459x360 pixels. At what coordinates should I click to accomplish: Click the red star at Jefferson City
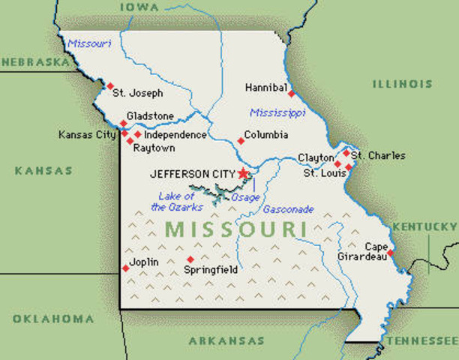coord(243,173)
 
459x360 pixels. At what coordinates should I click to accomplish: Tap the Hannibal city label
coord(266,88)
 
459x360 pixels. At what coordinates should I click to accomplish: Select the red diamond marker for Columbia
coord(241,140)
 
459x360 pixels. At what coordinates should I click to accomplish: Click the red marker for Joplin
coord(125,268)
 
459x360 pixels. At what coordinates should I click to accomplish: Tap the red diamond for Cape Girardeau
coord(390,253)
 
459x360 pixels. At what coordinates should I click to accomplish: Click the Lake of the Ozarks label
coord(176,202)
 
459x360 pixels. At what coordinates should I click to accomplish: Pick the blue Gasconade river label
coord(288,209)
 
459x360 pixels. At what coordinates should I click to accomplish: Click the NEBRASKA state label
coord(34,61)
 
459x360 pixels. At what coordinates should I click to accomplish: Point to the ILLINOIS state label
coord(402,84)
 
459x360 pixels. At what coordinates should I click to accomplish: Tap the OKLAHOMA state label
coord(53,319)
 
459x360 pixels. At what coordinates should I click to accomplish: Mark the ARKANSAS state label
coord(226,340)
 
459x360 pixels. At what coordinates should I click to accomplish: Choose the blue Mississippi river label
coord(277,113)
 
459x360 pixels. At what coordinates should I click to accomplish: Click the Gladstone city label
coord(150,116)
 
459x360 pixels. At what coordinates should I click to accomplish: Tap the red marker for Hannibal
coord(291,94)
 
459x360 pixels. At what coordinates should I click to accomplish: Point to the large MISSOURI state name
coord(235,229)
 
